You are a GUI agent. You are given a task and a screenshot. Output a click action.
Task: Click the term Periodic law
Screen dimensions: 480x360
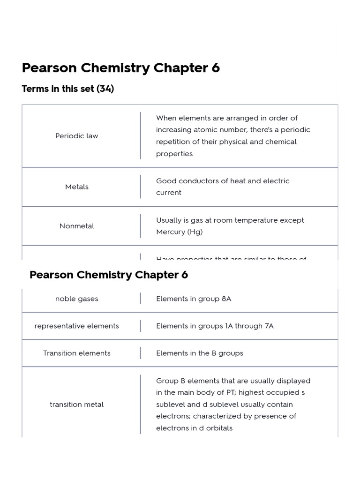[x=76, y=136]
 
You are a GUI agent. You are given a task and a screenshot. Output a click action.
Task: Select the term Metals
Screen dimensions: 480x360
[x=76, y=187]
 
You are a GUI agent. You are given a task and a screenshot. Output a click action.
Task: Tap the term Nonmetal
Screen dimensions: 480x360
[x=76, y=226]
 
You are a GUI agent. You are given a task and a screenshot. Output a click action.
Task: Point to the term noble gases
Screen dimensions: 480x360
[x=76, y=299]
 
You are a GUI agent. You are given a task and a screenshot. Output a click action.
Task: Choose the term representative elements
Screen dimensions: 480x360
[x=76, y=326]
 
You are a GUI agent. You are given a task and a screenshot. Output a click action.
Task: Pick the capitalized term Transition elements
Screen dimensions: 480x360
[x=76, y=353]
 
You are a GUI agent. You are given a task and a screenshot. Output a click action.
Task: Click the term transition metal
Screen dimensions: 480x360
[x=76, y=404]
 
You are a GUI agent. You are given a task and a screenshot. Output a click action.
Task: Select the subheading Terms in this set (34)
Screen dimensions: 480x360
[x=68, y=89]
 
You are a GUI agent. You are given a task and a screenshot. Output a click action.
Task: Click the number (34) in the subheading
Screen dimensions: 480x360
[x=105, y=89]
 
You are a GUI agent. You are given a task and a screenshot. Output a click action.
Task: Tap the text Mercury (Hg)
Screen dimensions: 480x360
[x=180, y=232]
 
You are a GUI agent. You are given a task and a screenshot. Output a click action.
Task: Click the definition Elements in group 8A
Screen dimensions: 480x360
[x=194, y=299]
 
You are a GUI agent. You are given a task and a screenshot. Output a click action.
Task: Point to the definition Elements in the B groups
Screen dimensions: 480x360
[x=200, y=353]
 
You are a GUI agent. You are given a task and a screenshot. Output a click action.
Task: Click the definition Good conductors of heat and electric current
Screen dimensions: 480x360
[x=223, y=187]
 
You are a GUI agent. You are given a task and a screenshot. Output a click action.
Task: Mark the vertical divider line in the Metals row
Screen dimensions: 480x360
[x=140, y=187]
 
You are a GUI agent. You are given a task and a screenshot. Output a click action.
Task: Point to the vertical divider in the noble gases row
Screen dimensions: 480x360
[x=140, y=299]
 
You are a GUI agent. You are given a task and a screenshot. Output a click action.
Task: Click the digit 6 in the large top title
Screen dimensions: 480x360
[x=215, y=68]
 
